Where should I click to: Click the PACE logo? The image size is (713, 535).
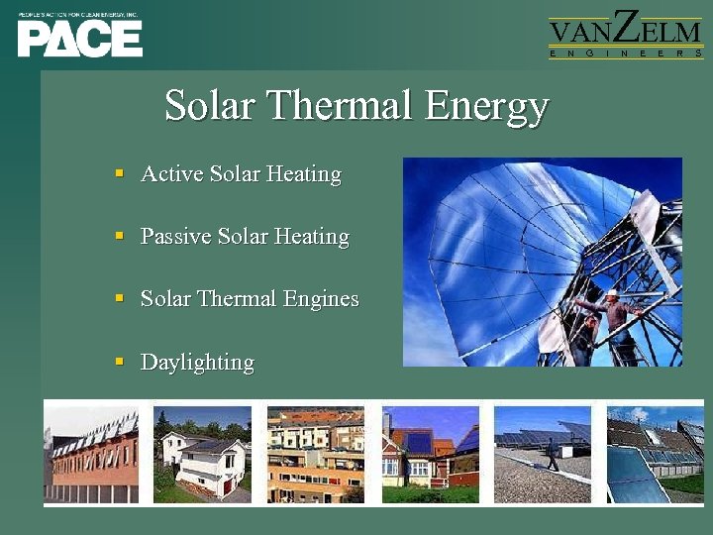click(x=79, y=39)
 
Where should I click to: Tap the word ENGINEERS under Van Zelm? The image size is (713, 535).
click(x=625, y=53)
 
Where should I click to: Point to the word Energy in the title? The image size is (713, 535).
click(x=486, y=106)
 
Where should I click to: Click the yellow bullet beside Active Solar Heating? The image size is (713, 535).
click(x=119, y=173)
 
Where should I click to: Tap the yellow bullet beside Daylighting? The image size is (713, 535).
click(x=119, y=362)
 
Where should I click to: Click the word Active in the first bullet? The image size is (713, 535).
click(x=171, y=174)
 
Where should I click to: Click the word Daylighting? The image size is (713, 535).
click(x=197, y=363)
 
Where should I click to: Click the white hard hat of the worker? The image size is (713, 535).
click(x=612, y=294)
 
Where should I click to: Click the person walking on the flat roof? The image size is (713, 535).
click(x=551, y=455)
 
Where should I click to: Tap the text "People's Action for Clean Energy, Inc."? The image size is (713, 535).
click(x=78, y=16)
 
